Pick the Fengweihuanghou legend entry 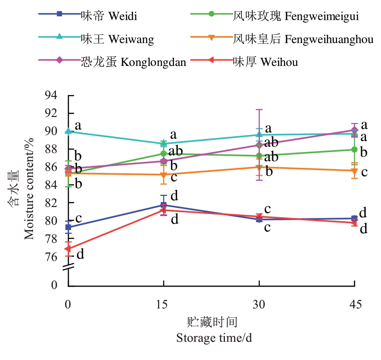(303, 39)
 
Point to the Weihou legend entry (266, 62)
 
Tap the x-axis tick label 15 (164, 305)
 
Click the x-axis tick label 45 (354, 305)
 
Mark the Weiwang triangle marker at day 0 (68, 132)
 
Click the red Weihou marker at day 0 (68, 249)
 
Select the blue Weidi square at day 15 (164, 205)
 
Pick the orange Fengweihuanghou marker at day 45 (354, 171)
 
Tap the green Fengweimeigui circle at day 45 (354, 150)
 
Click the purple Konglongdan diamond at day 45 (354, 130)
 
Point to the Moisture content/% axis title (29, 186)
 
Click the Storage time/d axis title (214, 337)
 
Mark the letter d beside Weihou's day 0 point (80, 254)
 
